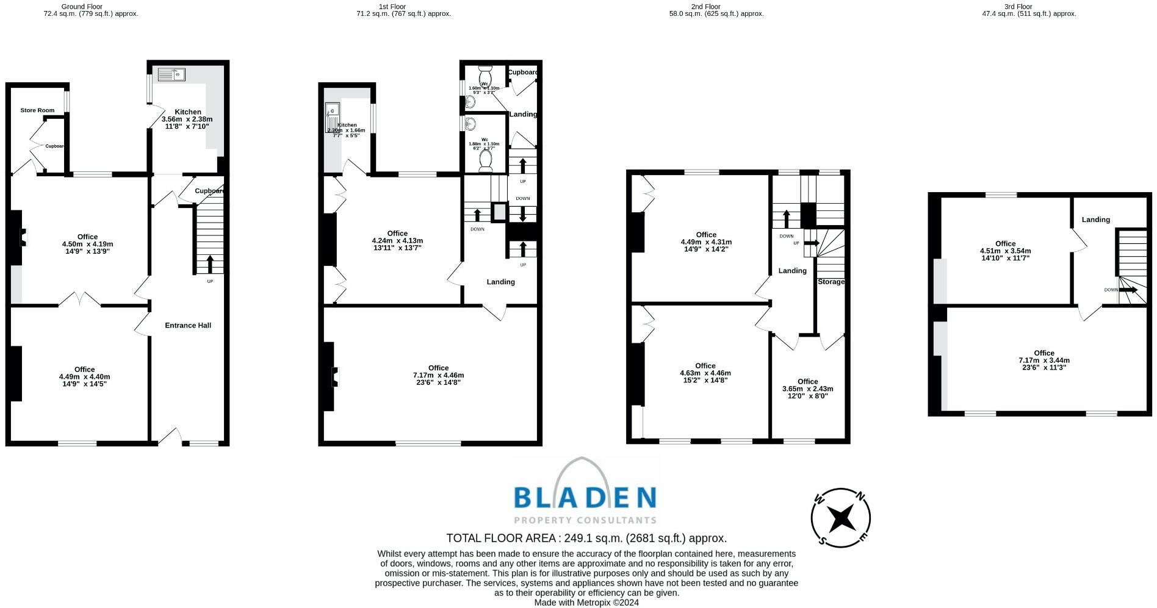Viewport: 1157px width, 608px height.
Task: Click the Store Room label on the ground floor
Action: pos(37,110)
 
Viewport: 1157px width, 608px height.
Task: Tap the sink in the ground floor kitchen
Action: pos(171,74)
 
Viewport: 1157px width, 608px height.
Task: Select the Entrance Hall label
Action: pos(188,325)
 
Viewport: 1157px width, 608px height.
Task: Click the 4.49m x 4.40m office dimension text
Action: pos(84,377)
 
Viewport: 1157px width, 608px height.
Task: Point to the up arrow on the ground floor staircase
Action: pos(210,263)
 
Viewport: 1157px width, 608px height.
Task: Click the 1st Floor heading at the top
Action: pos(392,7)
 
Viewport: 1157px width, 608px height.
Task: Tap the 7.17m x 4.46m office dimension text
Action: pos(438,375)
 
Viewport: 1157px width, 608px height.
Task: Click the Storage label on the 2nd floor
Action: pos(831,282)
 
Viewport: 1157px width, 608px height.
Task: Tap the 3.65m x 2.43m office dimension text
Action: pos(807,388)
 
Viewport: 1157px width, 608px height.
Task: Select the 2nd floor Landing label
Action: pos(792,271)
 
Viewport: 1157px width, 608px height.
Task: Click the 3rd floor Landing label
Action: pos(1095,220)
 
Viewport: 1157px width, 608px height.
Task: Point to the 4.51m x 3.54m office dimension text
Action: pos(1005,251)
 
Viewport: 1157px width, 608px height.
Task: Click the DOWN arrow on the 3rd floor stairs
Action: pos(1128,290)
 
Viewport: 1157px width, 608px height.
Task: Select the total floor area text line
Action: pos(586,538)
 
